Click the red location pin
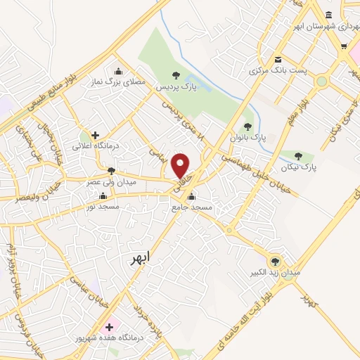[181, 165]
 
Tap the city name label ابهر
[141, 259]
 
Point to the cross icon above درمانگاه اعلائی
[95, 135]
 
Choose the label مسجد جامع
[191, 208]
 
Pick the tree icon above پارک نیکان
[299, 156]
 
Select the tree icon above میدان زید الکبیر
[274, 259]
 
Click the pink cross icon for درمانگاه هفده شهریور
[108, 326]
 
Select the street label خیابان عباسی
[83, 287]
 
